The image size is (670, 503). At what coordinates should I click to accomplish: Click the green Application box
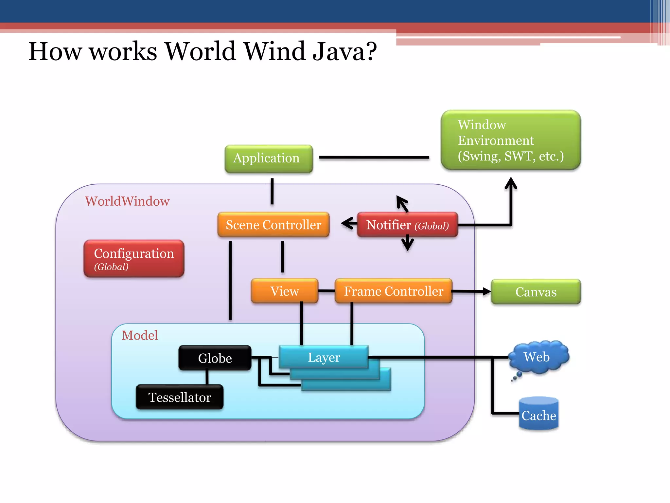[x=269, y=158]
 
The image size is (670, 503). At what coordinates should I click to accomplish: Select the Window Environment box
[x=510, y=140]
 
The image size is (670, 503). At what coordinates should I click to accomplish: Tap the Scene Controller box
[x=273, y=225]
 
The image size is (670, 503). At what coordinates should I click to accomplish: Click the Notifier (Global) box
[x=407, y=225]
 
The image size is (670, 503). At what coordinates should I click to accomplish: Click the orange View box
[x=284, y=291]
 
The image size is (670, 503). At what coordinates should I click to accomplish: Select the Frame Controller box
[x=393, y=291]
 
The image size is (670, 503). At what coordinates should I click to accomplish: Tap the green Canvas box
[x=536, y=291]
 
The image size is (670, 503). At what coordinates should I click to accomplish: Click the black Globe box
[x=215, y=358]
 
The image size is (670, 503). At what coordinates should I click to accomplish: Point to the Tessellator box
[x=180, y=397]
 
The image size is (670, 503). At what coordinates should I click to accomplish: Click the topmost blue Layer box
[x=324, y=357]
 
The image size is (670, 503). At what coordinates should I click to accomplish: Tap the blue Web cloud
[x=538, y=357]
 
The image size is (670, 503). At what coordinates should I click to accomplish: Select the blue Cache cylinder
[x=538, y=414]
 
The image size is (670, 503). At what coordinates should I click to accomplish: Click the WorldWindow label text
[x=127, y=201]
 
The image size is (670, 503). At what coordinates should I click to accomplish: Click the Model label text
[x=140, y=335]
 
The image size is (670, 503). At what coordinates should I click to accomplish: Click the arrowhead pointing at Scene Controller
[x=346, y=223]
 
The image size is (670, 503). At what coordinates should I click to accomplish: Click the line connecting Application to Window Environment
[x=374, y=158]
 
